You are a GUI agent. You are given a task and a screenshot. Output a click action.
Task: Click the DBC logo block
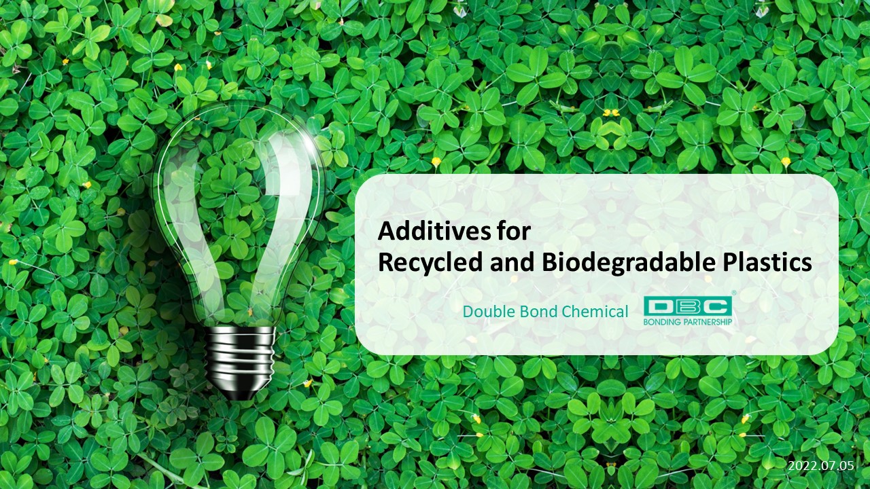tap(687, 306)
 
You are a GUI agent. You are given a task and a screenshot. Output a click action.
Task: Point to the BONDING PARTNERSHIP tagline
tap(687, 322)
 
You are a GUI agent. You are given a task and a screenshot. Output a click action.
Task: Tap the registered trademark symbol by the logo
tap(733, 293)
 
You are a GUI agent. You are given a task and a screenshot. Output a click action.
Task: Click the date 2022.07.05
tap(821, 466)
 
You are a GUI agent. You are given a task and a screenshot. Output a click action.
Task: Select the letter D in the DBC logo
tap(660, 306)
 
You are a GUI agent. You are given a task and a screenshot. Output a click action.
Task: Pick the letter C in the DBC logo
tap(716, 306)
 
